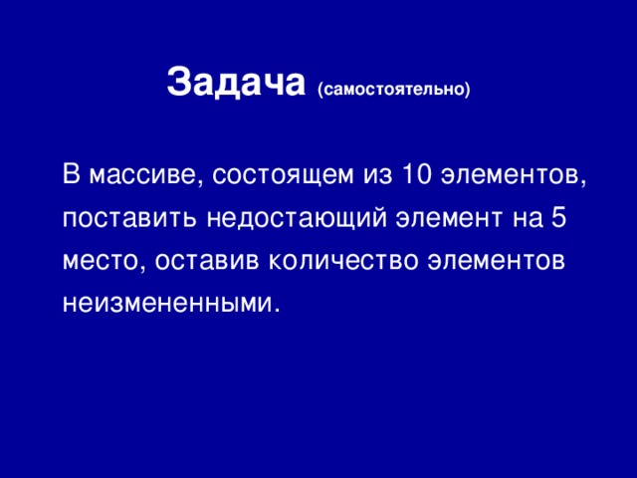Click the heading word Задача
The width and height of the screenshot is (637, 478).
tap(235, 83)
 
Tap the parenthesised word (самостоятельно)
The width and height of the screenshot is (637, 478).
tap(393, 90)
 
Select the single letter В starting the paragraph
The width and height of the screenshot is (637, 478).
tap(70, 175)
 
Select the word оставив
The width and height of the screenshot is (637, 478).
tap(200, 260)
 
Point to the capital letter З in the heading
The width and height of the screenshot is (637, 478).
tap(178, 83)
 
